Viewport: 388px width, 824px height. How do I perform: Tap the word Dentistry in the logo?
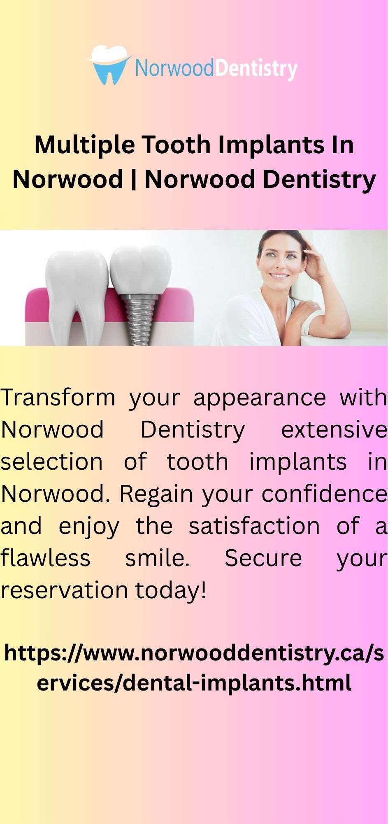pos(256,69)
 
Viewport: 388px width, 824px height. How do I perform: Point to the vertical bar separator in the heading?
pos(134,180)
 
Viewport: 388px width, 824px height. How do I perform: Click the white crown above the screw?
pos(140,270)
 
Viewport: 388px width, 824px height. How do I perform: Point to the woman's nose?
pos(277,263)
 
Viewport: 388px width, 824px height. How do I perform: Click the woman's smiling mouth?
pos(279,276)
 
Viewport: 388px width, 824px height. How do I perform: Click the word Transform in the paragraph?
pos(58,398)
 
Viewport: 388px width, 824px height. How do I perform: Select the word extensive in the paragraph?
pos(334,430)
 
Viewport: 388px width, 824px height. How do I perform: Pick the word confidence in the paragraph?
pos(324,494)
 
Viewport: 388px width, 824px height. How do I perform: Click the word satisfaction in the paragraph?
pos(254,526)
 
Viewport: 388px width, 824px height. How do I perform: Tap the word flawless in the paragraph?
pos(45,558)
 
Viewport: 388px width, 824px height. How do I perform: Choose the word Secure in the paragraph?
pos(263,558)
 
